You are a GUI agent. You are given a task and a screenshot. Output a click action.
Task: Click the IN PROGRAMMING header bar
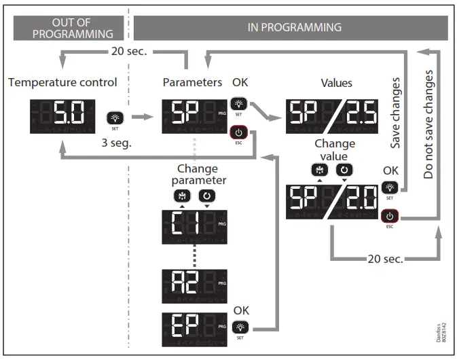click(x=291, y=28)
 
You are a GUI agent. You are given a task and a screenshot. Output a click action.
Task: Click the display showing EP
click(x=194, y=329)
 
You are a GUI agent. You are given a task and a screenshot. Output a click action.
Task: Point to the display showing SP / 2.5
click(x=331, y=113)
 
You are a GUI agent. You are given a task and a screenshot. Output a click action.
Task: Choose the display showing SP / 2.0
click(x=331, y=198)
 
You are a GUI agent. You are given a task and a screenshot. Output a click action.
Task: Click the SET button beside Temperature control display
click(x=113, y=119)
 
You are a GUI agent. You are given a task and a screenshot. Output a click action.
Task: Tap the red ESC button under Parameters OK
click(x=239, y=132)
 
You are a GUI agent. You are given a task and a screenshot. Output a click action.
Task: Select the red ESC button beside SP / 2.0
click(x=388, y=217)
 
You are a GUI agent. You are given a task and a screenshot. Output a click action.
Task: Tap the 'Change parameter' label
click(x=197, y=175)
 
